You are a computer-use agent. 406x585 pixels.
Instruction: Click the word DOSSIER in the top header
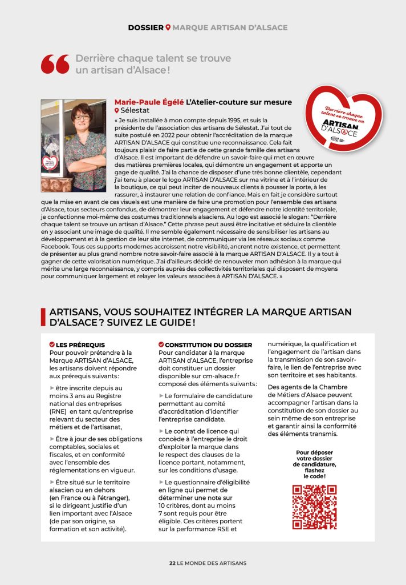point(145,27)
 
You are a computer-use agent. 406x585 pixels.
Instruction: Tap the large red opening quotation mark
point(55,64)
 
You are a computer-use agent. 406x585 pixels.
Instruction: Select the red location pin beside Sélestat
point(117,110)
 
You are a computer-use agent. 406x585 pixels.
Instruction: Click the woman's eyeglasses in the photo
point(82,117)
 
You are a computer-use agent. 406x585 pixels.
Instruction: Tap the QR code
point(314,507)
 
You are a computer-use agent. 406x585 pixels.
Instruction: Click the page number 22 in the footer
point(172,563)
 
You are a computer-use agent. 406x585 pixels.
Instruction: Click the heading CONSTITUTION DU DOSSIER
point(208,345)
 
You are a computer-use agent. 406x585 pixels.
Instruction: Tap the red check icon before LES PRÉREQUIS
point(52,345)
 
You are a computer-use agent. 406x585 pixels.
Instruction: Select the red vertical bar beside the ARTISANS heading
point(43,317)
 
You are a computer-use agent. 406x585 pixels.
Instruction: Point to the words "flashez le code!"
point(314,473)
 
